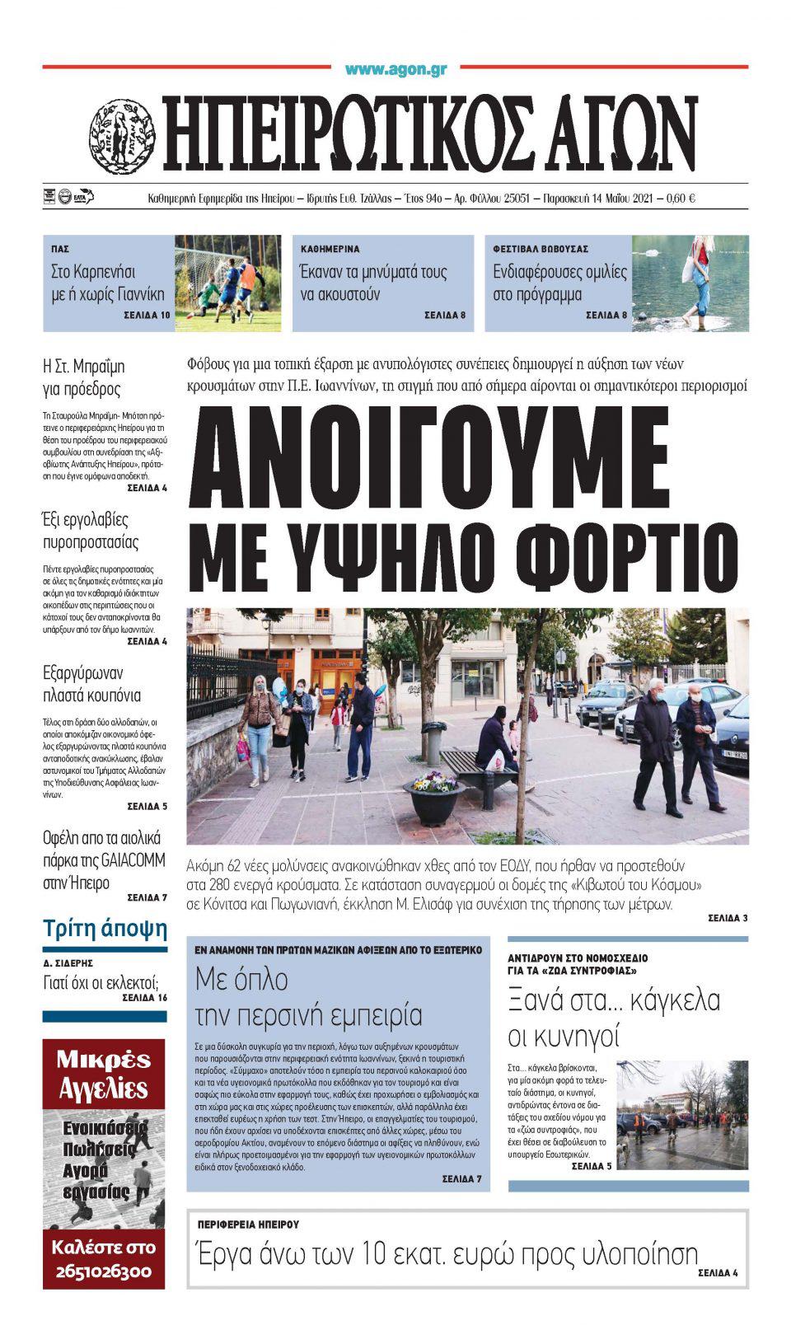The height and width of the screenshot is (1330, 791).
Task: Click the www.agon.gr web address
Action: click(x=395, y=70)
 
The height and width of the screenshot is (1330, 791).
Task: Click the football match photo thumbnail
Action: click(x=227, y=283)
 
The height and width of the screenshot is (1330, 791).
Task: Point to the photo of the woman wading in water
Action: click(x=690, y=283)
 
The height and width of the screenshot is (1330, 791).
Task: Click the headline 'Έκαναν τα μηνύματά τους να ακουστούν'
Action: click(x=374, y=283)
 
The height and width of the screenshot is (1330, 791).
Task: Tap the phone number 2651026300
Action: click(x=105, y=1271)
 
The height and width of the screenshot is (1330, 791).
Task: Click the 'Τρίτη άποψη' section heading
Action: click(x=105, y=929)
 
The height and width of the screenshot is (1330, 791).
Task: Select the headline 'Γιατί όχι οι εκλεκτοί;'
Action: click(x=101, y=981)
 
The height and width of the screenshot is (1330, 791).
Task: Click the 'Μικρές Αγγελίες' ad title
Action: click(x=104, y=1075)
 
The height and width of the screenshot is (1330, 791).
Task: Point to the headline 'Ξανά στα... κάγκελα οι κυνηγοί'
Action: click(x=614, y=1017)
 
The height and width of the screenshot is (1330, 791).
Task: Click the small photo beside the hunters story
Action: click(x=682, y=1114)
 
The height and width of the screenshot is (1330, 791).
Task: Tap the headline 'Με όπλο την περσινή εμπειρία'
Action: click(x=308, y=996)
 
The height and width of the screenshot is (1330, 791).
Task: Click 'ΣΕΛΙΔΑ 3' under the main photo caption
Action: click(x=727, y=918)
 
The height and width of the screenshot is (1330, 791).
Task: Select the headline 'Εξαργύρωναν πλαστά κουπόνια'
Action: click(x=91, y=684)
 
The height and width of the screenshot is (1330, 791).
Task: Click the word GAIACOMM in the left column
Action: click(x=133, y=860)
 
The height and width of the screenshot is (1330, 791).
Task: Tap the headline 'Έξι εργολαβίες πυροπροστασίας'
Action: click(x=91, y=531)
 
